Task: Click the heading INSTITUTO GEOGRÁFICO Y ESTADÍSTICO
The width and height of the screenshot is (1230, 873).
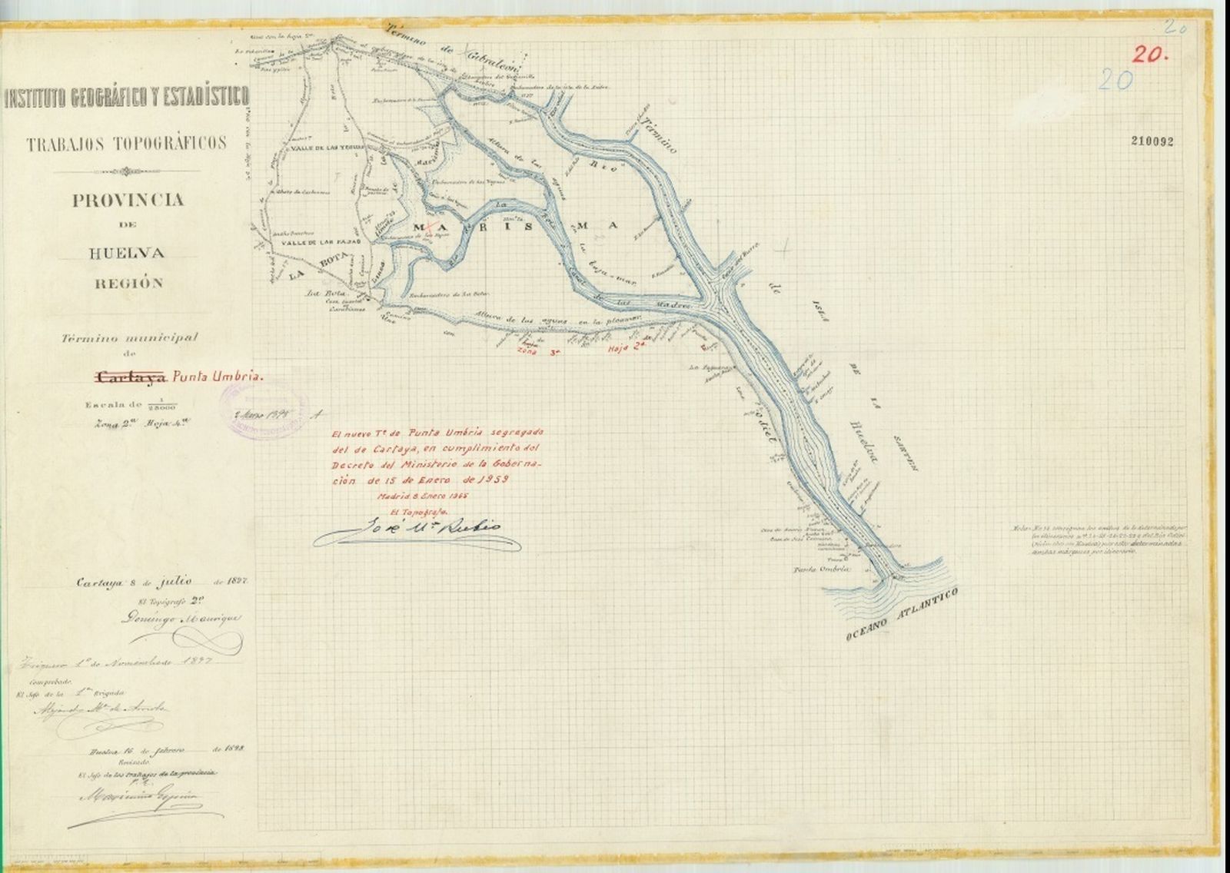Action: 127,98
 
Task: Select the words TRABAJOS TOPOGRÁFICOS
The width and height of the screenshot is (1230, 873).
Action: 127,143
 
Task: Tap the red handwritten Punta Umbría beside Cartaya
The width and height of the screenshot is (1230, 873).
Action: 218,377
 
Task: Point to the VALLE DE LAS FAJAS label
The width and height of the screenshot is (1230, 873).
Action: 312,242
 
